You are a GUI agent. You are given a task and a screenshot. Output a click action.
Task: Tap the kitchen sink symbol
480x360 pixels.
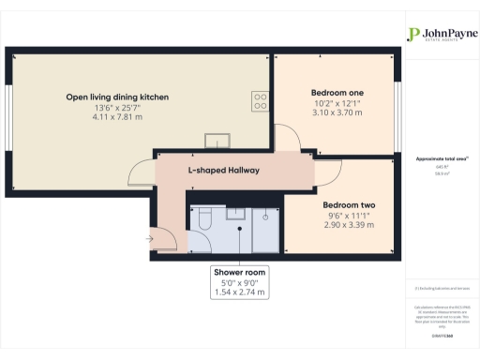[221, 141]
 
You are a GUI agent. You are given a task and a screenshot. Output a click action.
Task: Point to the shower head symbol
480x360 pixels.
[266, 217]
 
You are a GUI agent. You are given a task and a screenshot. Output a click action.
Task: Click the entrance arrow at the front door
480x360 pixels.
[149, 240]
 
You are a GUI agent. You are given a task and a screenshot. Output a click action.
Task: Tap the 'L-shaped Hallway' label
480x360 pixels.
[223, 171]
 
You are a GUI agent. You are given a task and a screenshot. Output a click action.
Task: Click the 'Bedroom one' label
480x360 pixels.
[337, 93]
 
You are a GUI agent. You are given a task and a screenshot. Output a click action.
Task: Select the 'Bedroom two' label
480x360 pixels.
[349, 205]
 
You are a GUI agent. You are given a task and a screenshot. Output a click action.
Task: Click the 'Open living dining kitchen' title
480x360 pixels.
[117, 97]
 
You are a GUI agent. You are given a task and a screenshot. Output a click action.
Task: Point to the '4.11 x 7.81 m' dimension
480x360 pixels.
[117, 117]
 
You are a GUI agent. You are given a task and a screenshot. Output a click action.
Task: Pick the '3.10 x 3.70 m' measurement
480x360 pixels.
[337, 112]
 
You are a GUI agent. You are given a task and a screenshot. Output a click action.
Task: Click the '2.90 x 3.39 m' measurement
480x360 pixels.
[349, 225]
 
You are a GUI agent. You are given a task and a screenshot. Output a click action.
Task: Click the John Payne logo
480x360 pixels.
[436, 35]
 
